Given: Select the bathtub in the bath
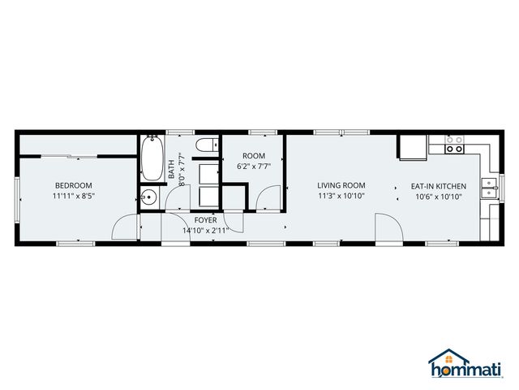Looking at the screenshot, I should point(152,159).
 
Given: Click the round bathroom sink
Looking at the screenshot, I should point(148,197).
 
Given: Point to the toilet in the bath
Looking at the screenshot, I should point(207,146).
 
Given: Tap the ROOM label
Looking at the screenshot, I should point(254,156).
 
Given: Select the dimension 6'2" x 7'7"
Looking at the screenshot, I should point(254,167).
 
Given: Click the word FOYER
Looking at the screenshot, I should point(205,220).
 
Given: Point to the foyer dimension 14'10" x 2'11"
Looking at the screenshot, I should point(206,230).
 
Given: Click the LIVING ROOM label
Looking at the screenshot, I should point(341,185).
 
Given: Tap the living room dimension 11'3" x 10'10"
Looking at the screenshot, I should point(341,196).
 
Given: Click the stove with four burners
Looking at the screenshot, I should point(454,145).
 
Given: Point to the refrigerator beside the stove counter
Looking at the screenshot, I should point(411,146).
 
